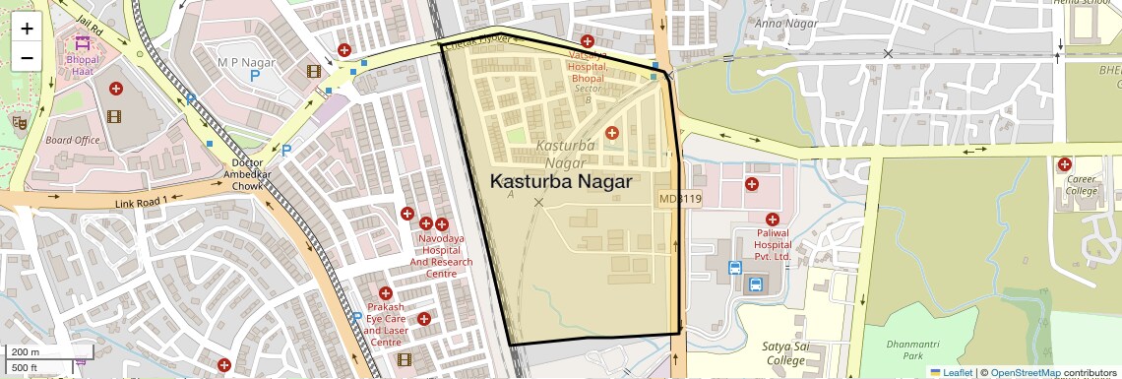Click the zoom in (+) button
[x=27, y=29]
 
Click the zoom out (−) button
[x=27, y=57]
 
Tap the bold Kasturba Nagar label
[x=560, y=182]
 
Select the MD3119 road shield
[x=680, y=199]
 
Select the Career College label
[x=1081, y=185]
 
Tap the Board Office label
[x=73, y=140]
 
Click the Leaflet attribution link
[x=951, y=372]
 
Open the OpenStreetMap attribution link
[x=1025, y=372]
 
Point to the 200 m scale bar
[x=36, y=352]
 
